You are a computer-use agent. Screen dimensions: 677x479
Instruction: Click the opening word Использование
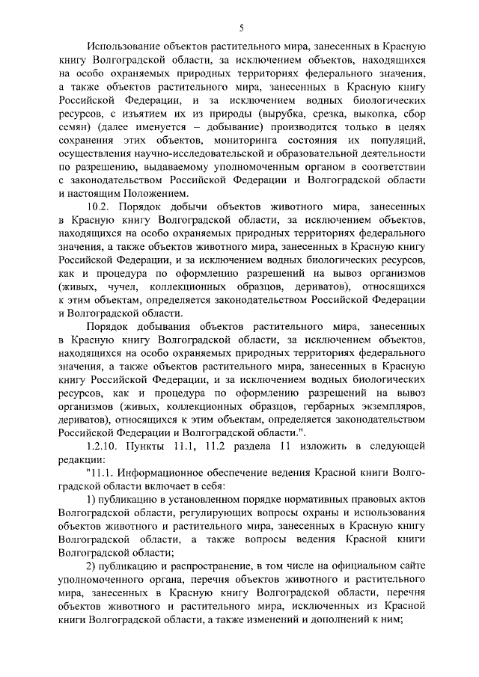click(125, 47)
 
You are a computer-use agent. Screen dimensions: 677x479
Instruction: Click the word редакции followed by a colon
click(79, 463)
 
